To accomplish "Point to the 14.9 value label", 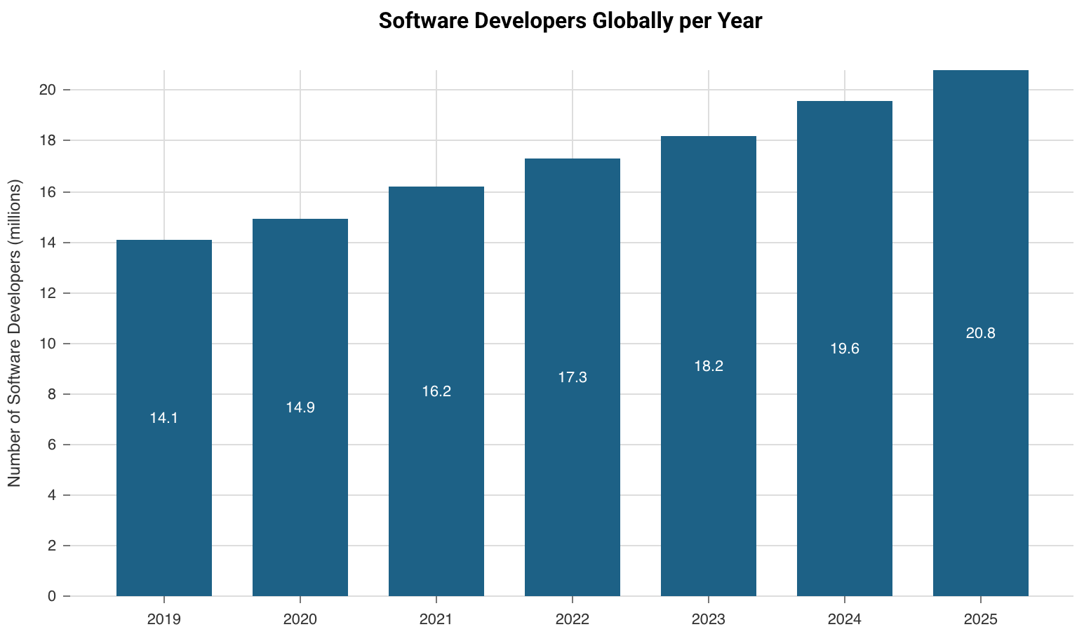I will [x=300, y=407].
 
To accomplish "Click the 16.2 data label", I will [x=436, y=392].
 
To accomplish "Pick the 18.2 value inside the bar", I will [x=709, y=366].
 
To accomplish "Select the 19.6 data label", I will [x=845, y=349].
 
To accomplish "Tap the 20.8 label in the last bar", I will [x=981, y=334].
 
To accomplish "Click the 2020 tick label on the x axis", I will [x=300, y=619].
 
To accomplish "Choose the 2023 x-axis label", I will [x=709, y=619].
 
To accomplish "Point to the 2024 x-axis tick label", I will [x=845, y=619].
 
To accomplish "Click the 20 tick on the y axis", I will [x=48, y=90].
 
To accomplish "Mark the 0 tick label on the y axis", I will [x=52, y=596].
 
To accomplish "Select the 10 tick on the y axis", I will [x=48, y=344].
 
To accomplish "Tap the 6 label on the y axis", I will [x=52, y=445].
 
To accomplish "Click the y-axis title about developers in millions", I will [x=15, y=333].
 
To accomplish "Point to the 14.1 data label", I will [x=164, y=419].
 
